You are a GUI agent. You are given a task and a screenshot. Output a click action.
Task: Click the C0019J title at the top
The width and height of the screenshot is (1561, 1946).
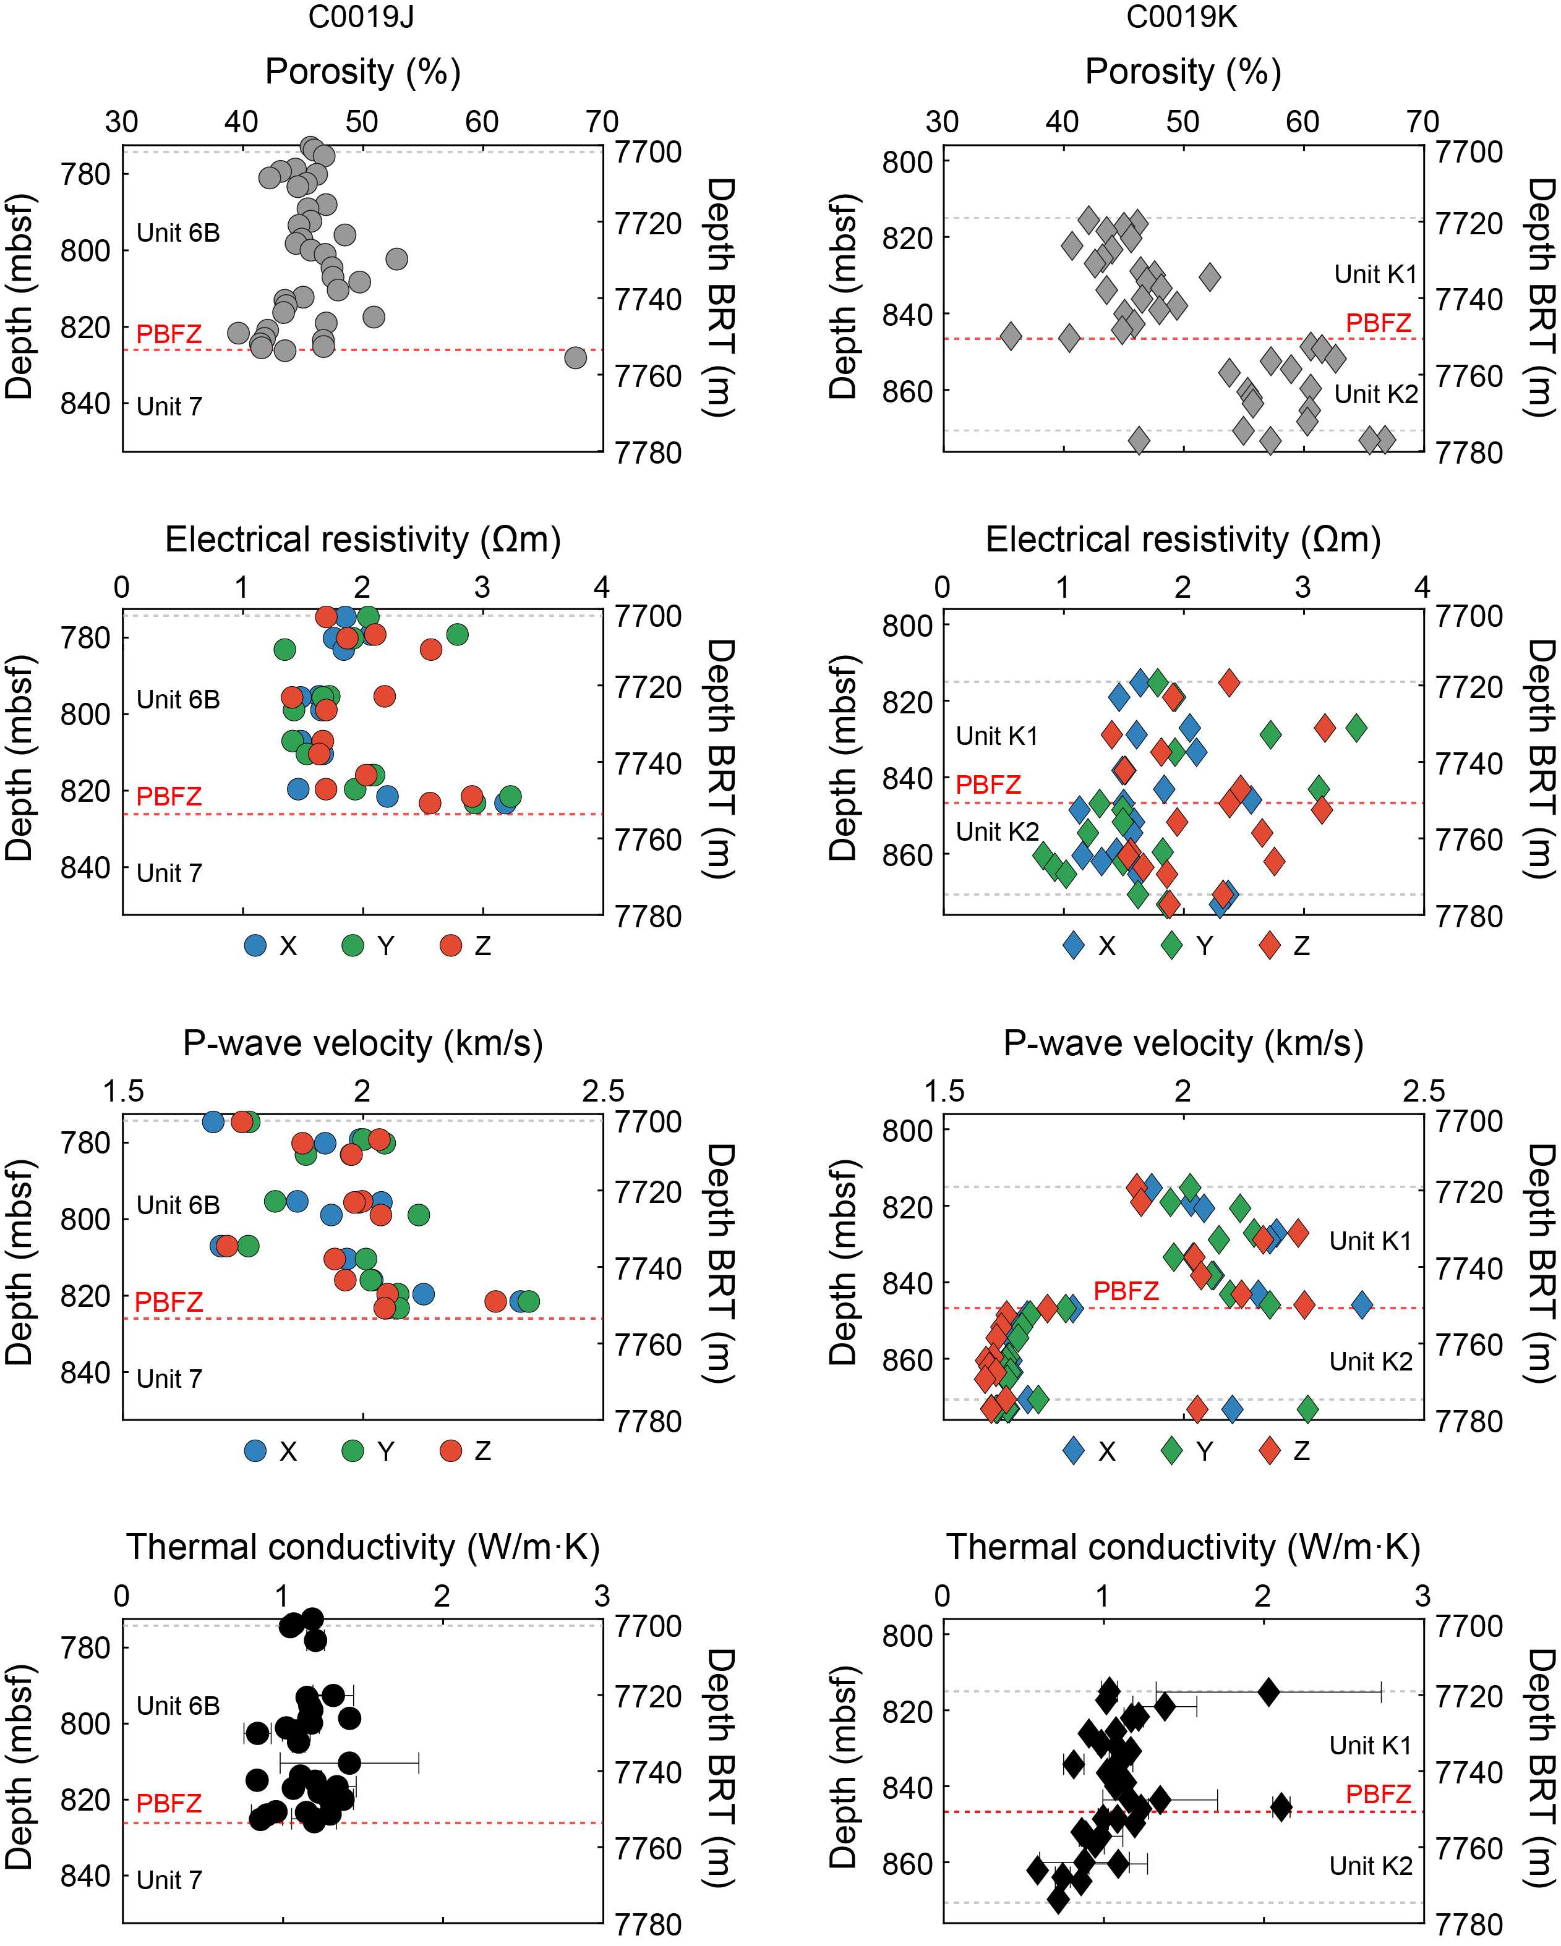pos(361,17)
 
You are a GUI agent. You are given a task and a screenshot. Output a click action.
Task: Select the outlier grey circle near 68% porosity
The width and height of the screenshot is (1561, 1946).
pos(575,357)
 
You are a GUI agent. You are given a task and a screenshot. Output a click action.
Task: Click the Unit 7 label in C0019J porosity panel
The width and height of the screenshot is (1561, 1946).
pos(169,406)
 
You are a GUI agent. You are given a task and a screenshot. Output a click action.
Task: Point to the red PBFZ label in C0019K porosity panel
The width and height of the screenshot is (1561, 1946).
pos(1378,322)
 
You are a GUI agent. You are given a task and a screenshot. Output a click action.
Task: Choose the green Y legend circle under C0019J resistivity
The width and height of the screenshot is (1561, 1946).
pos(353,945)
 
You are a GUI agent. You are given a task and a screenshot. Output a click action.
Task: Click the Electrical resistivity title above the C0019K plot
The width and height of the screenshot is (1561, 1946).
pos(1183,540)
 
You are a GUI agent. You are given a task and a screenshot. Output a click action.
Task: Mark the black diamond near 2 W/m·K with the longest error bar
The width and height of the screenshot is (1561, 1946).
pos(1268,1691)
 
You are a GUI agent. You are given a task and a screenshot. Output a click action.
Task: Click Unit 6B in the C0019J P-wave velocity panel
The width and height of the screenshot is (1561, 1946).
pos(178,1205)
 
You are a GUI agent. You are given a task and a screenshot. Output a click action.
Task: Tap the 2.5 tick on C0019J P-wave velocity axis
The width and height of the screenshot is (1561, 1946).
pos(602,1091)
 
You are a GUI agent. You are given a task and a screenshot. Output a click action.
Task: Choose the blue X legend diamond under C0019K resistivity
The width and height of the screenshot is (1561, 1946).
pos(1074,945)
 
